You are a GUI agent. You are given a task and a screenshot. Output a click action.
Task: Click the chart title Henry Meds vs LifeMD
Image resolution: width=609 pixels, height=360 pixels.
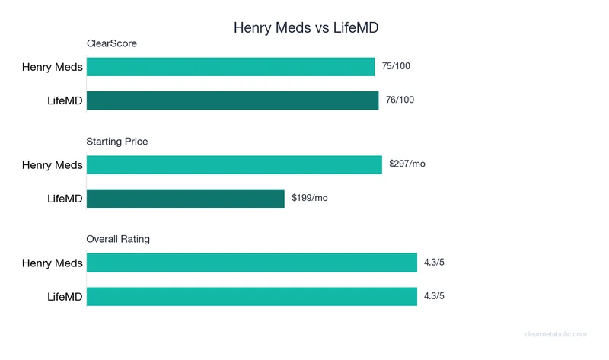pos(304,28)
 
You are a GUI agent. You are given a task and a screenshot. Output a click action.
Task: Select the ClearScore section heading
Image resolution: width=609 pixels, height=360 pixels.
pos(111,44)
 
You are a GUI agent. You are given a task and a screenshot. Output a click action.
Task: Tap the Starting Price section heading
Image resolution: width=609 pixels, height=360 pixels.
pos(116,142)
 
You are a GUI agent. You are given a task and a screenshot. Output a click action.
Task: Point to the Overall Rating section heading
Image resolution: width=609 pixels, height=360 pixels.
pos(118,239)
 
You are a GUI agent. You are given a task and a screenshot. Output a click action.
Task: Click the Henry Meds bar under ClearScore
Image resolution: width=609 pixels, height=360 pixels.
pos(231,67)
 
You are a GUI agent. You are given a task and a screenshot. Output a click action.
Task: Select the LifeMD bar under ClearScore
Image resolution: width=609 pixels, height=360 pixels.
pos(232,100)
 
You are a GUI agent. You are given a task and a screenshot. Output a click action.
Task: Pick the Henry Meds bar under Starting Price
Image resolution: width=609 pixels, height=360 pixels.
pos(234,164)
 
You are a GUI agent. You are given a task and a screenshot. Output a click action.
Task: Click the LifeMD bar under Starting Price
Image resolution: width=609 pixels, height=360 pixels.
pos(186,199)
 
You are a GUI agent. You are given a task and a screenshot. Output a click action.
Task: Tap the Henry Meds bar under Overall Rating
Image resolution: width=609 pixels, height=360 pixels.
pos(252,263)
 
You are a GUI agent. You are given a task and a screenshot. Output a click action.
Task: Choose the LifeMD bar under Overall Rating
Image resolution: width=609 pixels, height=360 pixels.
pos(252,296)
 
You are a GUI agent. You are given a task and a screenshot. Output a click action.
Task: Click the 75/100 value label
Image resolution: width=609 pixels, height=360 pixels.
pos(396,67)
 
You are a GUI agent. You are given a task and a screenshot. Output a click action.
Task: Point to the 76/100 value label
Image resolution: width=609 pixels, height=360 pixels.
pos(400,100)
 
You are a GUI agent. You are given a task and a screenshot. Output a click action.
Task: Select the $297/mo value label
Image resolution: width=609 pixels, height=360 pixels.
pos(407,164)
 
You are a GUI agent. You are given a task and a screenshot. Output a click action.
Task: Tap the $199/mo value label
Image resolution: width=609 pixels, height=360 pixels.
pos(310,199)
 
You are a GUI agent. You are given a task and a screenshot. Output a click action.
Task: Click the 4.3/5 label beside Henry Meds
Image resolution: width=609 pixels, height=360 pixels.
pos(434,263)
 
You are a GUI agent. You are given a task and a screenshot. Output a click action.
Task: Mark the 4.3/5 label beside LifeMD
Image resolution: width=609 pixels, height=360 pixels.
pos(434,296)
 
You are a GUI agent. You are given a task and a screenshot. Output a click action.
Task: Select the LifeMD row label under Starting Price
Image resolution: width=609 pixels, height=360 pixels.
pos(65,199)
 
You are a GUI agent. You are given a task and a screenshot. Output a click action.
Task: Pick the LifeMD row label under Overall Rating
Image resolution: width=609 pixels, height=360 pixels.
pos(65,296)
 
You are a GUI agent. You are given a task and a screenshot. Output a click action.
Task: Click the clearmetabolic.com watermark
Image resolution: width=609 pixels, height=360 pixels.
pos(556,334)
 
